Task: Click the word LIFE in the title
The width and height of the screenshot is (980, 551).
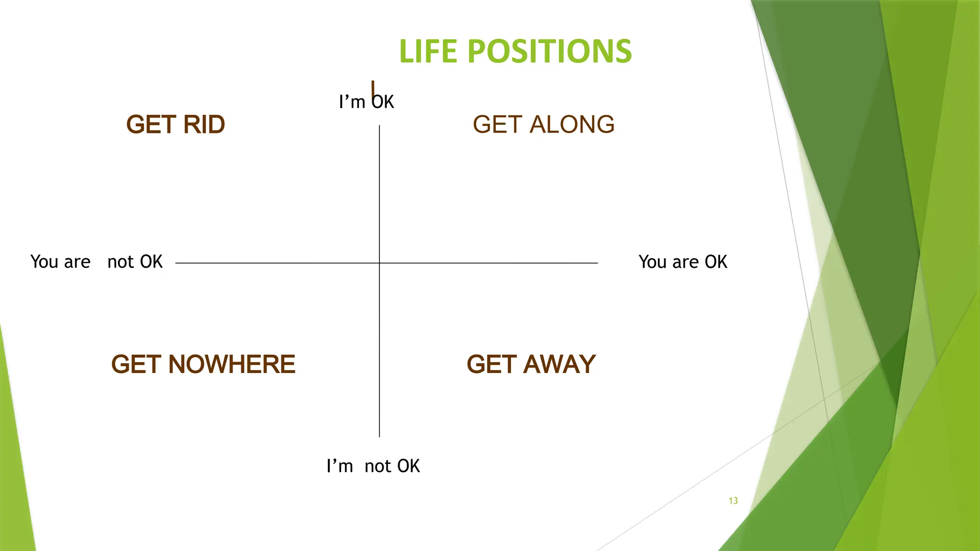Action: [x=428, y=51]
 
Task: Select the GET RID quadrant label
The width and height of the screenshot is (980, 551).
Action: [x=176, y=124]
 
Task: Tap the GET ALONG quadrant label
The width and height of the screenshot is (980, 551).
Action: [x=544, y=124]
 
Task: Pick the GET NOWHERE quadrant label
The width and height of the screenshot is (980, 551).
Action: [x=203, y=364]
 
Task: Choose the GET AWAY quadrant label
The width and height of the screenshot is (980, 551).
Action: [x=531, y=364]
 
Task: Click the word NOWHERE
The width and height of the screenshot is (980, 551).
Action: [x=232, y=364]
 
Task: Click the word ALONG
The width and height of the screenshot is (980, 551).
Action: [x=572, y=124]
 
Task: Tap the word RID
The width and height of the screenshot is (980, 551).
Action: [x=204, y=124]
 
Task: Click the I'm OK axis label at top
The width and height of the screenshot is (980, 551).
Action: [x=366, y=102]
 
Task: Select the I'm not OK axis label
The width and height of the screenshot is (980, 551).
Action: [x=373, y=466]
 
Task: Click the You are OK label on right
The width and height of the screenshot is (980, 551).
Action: [x=683, y=262]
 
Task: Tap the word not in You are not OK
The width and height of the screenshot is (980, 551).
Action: [x=120, y=262]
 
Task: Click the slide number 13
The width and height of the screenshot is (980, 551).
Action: [x=733, y=501]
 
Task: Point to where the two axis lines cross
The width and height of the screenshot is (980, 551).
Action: [x=379, y=263]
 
